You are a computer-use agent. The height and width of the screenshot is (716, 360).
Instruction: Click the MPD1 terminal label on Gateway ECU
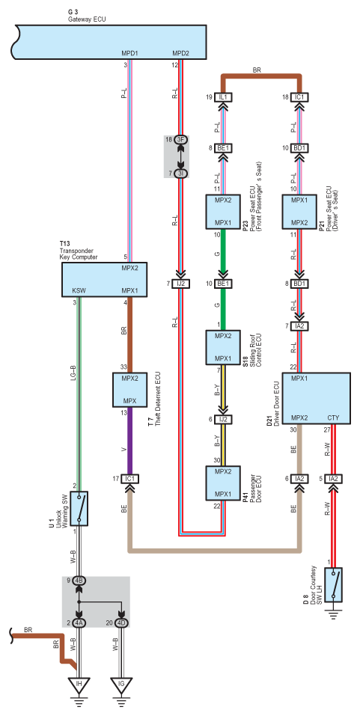[x=129, y=53]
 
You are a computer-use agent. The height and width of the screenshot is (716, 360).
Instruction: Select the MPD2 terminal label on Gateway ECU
[x=180, y=53]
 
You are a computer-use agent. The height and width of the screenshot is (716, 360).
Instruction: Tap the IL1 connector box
[x=224, y=97]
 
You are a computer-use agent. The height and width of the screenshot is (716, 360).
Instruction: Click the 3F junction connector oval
[x=180, y=139]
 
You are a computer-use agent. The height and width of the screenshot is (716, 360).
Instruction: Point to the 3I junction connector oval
[x=180, y=173]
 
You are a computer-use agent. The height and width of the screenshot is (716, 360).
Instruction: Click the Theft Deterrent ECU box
[x=129, y=390]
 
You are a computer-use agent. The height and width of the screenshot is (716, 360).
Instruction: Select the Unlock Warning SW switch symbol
[x=79, y=508]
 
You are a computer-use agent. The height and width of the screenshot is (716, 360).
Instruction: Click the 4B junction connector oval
[x=79, y=581]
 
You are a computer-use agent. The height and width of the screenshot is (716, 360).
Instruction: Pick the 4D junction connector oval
[x=120, y=622]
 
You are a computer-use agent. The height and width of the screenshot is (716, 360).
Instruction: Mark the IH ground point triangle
[x=79, y=685]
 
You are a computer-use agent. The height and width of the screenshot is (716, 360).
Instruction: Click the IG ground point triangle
[x=120, y=685]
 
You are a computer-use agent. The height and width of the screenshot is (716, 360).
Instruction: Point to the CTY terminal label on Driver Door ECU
[x=333, y=417]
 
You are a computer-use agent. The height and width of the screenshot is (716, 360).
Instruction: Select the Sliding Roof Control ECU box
[x=223, y=347]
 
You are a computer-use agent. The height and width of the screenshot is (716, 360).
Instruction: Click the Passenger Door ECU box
[x=223, y=483]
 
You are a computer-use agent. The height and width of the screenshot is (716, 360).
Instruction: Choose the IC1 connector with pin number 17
[x=129, y=479]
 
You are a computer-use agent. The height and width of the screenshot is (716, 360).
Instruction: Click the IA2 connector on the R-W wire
[x=334, y=479]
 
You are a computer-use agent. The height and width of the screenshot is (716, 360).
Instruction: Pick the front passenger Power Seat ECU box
[x=223, y=212]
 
